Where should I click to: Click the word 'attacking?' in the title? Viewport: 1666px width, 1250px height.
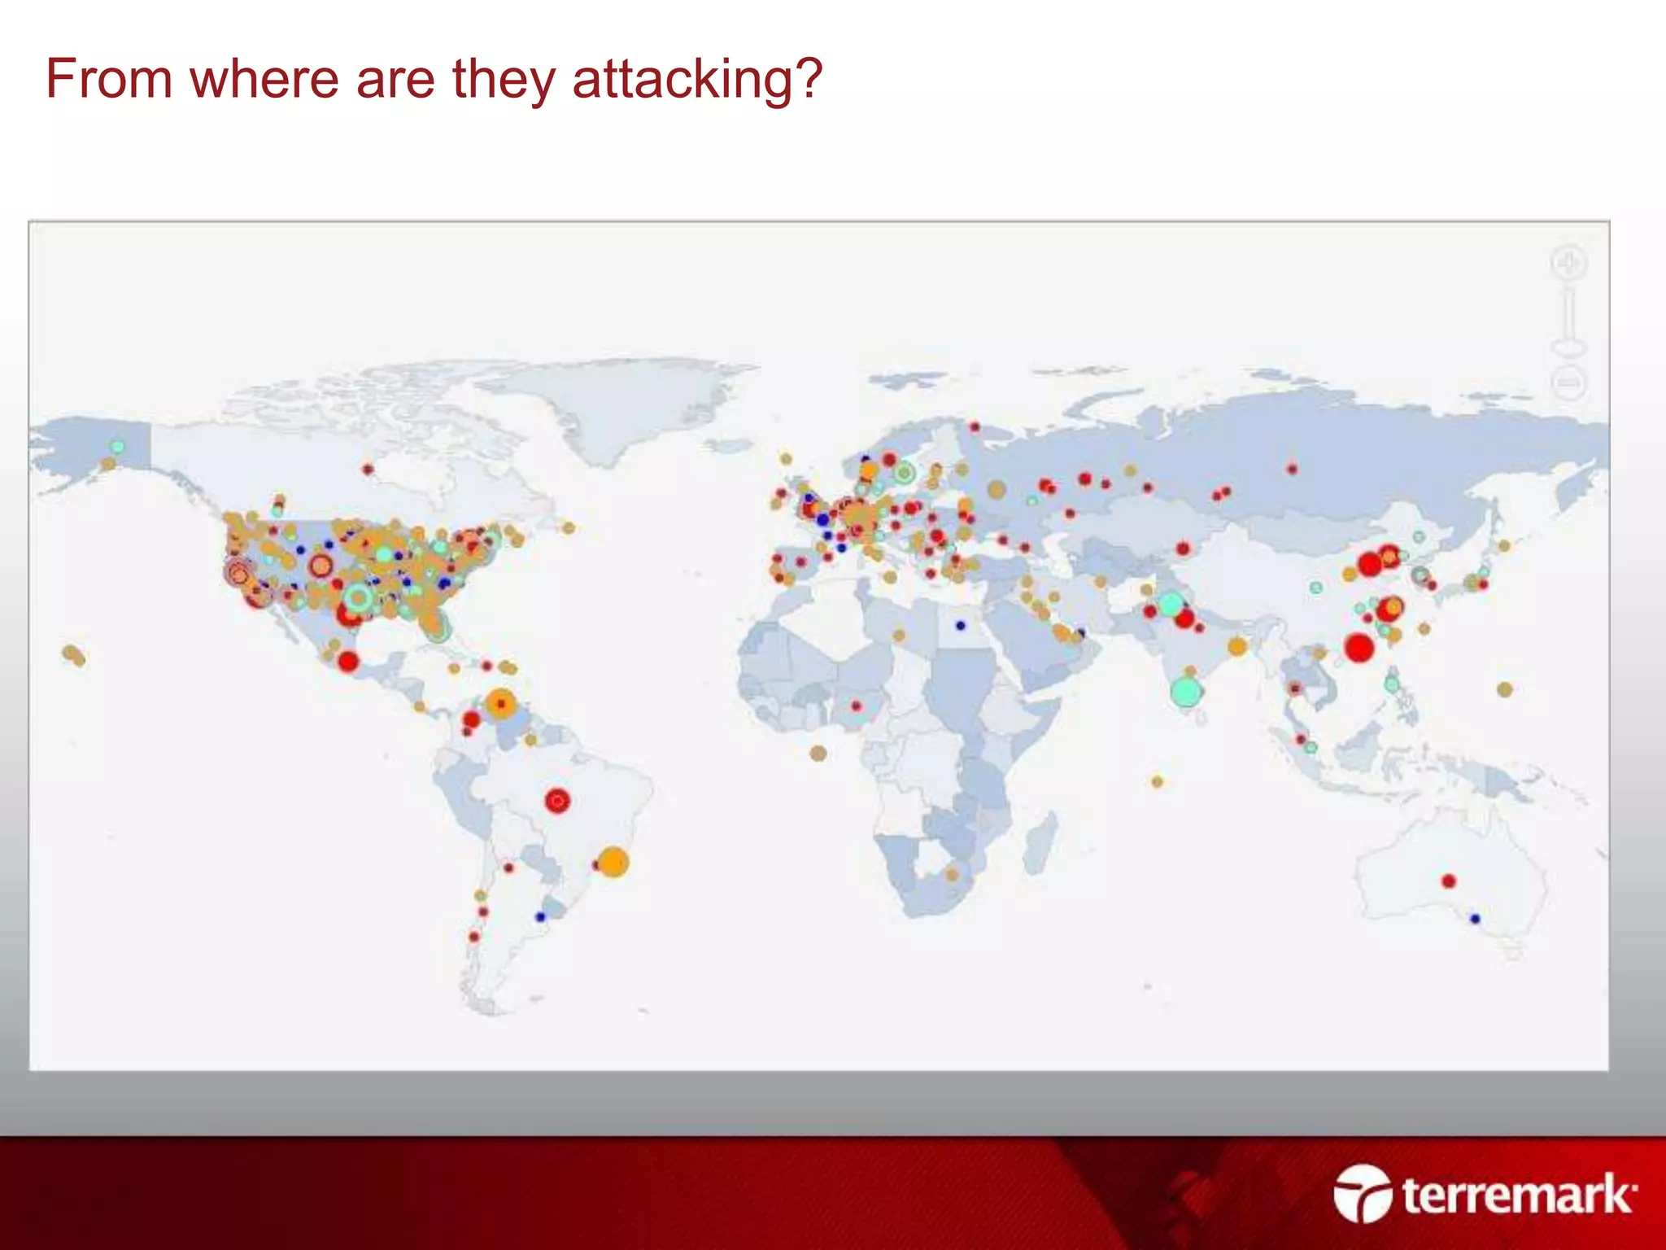[697, 80]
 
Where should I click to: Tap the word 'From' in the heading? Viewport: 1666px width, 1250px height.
[108, 80]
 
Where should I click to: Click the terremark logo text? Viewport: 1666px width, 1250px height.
[1518, 1195]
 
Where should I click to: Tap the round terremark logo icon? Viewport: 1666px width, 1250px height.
[1363, 1193]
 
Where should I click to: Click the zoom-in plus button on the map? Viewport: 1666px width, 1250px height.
[1568, 264]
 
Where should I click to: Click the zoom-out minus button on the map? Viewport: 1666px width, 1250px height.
[1568, 382]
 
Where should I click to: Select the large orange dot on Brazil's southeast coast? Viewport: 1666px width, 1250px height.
[613, 862]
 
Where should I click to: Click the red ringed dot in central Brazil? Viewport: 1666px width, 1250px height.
[557, 801]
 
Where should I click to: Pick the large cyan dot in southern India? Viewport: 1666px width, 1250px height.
[1186, 691]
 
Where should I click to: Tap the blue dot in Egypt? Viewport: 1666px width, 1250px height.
[961, 626]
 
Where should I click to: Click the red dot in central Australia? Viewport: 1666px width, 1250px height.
[1448, 881]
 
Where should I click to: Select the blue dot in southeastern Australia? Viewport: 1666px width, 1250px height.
[1475, 919]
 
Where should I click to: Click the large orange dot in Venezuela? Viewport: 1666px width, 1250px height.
[501, 703]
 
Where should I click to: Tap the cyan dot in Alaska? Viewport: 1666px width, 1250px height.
[118, 447]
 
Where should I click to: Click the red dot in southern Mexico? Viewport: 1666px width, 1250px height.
[348, 661]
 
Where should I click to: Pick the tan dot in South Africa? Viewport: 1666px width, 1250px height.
[952, 875]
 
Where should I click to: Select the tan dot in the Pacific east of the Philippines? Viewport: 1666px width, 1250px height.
[1505, 689]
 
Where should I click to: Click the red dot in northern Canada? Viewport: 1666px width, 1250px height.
[368, 469]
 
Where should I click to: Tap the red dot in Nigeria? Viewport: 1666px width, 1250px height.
[856, 706]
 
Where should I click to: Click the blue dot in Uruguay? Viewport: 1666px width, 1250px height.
[540, 917]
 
